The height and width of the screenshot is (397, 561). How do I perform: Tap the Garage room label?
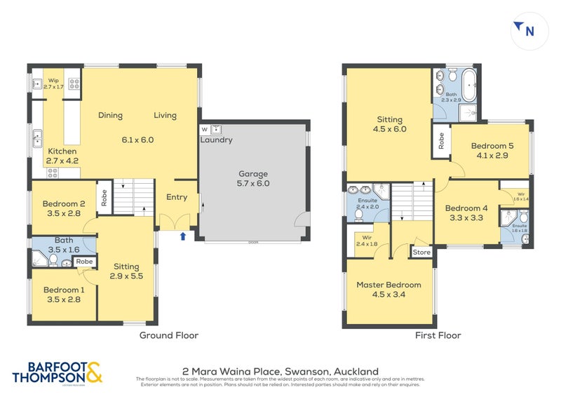coord(252,173)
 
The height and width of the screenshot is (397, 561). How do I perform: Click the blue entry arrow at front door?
coord(183,236)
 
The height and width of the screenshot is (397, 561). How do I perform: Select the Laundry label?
coord(216,140)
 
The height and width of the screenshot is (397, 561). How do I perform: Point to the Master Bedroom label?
coord(388,285)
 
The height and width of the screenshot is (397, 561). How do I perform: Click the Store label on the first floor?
coord(421,252)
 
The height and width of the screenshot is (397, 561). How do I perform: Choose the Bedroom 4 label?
coord(466,208)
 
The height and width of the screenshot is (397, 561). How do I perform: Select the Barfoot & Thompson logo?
coord(58,372)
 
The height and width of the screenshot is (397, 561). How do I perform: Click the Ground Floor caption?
coord(168,335)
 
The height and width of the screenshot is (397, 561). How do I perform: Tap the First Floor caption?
coord(439,335)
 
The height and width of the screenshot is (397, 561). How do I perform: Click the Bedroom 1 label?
coord(63,290)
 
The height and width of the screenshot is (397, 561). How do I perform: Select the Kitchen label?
coord(62,151)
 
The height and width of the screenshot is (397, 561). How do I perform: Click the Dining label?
coord(110,116)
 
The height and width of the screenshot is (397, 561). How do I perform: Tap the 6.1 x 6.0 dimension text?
coord(137,140)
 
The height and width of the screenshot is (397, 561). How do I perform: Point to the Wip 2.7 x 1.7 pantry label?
coord(54,83)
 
